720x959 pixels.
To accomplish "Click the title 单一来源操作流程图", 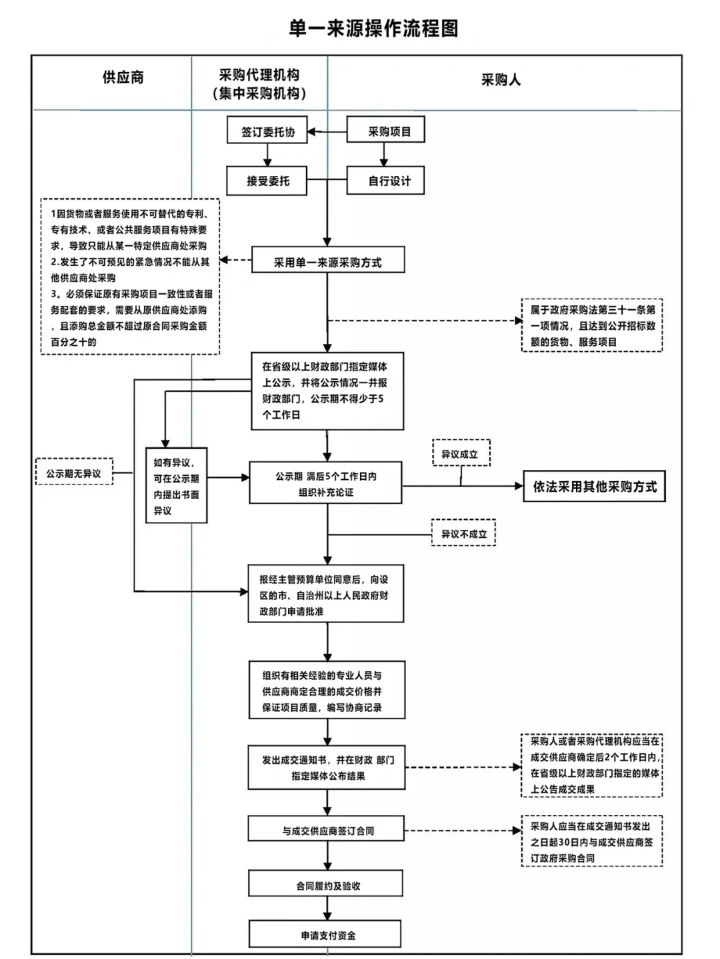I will [x=373, y=29].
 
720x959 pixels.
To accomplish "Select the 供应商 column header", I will [x=123, y=77].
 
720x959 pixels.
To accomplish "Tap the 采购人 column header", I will [x=501, y=80].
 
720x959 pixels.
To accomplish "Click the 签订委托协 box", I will [x=267, y=131].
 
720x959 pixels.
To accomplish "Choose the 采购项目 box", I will [x=386, y=131].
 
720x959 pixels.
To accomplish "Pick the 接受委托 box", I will [x=267, y=181].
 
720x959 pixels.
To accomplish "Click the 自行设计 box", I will [x=386, y=181].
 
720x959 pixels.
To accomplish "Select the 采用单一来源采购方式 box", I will [x=327, y=262].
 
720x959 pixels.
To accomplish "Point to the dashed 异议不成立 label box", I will [x=463, y=534].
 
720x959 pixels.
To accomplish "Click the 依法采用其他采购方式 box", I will [x=594, y=486].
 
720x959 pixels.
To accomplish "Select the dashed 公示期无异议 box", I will [x=74, y=473].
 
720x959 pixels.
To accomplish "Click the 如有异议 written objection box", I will [x=176, y=486].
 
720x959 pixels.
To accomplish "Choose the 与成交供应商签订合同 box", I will [x=326, y=830].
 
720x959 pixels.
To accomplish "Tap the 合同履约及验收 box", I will [x=326, y=885].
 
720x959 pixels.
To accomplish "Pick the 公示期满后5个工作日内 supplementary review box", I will [x=325, y=484].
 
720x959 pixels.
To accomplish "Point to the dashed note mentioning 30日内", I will [x=591, y=842].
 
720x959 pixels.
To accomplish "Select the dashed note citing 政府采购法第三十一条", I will [x=592, y=326].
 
